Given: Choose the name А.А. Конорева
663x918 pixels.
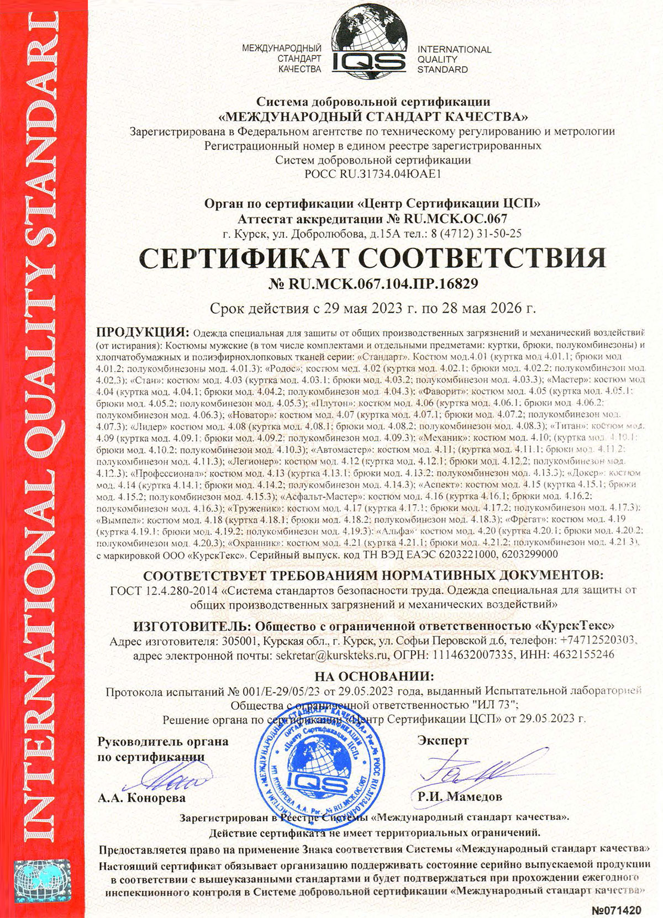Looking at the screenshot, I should [x=141, y=798].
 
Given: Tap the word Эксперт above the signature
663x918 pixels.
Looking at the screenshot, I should [x=443, y=741].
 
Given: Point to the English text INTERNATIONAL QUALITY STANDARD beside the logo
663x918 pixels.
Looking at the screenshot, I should [x=454, y=59].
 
